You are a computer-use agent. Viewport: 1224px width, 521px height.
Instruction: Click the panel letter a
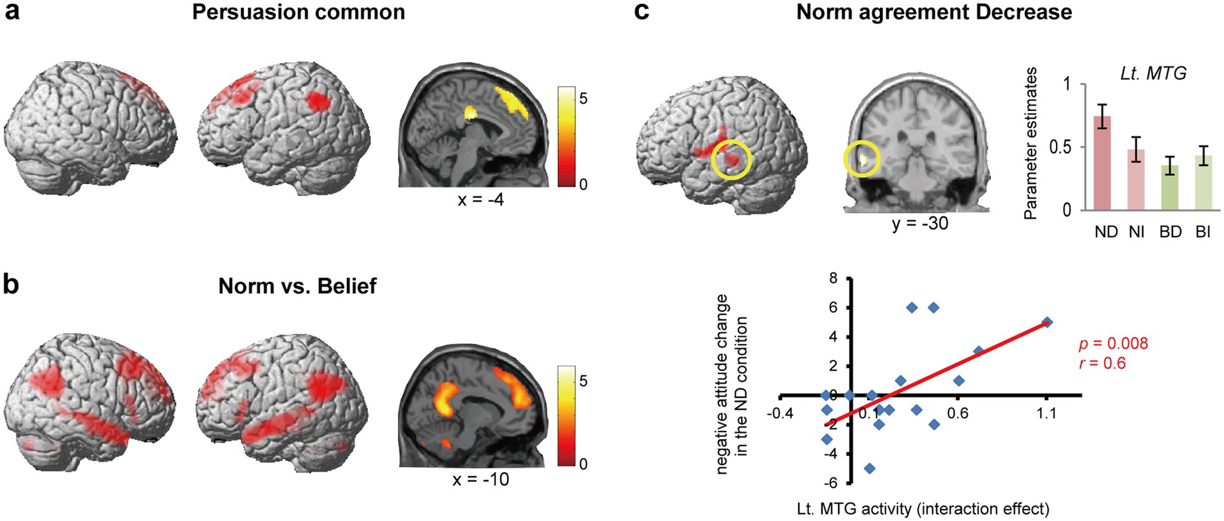(12, 12)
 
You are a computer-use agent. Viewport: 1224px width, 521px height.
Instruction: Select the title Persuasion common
(298, 12)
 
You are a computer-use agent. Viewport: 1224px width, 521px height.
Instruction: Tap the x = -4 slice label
(481, 200)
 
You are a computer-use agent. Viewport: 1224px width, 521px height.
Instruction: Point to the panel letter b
(12, 285)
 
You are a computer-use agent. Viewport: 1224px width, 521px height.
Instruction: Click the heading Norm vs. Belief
(297, 286)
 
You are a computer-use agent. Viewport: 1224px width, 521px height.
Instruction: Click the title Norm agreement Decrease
(934, 12)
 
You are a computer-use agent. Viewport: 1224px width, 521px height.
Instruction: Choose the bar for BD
(1170, 187)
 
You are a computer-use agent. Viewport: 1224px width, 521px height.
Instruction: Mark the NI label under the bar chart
(1136, 232)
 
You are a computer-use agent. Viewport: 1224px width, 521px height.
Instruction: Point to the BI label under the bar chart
(1203, 232)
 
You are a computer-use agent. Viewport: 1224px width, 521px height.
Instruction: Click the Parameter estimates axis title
(1031, 143)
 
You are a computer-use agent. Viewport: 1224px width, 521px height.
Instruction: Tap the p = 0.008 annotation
(1114, 343)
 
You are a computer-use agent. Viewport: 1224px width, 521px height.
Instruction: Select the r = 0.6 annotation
(1102, 363)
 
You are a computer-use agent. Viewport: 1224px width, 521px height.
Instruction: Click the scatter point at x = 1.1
(1047, 322)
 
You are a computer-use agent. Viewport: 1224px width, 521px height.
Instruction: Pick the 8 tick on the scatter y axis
(833, 278)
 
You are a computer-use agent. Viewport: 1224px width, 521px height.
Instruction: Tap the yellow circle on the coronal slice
(862, 159)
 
